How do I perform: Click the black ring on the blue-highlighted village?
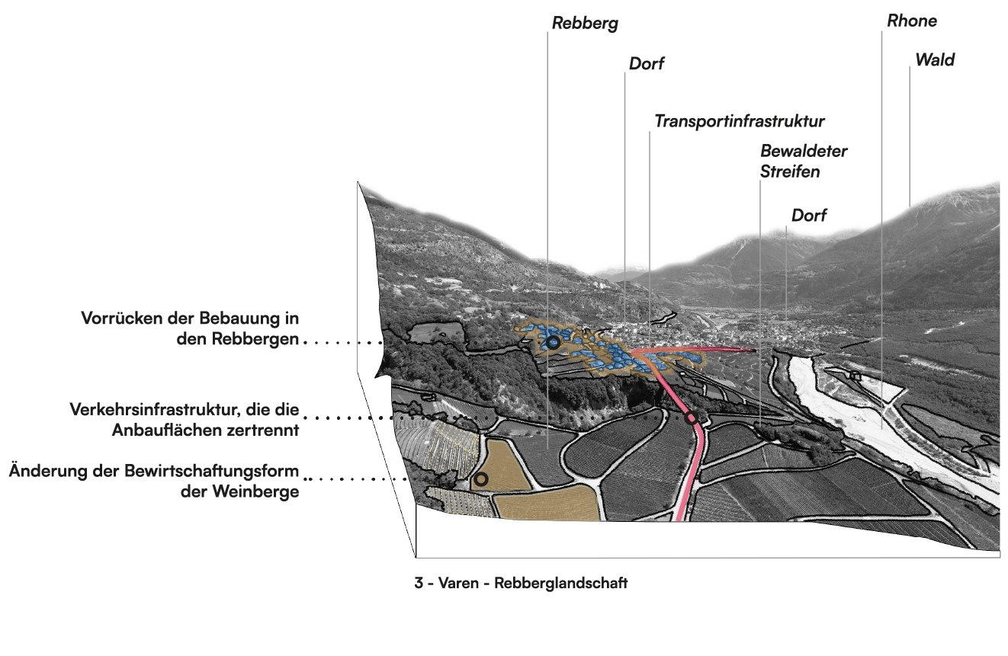[x=554, y=344]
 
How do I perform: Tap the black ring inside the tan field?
[x=480, y=479]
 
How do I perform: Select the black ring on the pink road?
[x=692, y=418]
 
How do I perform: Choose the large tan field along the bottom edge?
[x=546, y=503]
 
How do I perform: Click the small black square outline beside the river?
[x=855, y=376]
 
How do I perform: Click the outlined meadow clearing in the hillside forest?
[x=435, y=332]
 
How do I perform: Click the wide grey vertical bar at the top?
[x=578, y=145]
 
